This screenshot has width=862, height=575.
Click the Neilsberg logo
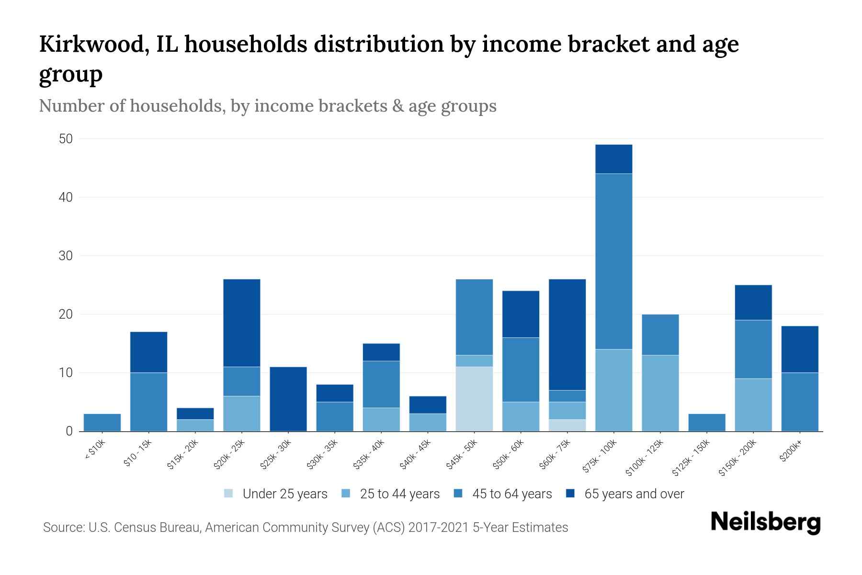click(765, 522)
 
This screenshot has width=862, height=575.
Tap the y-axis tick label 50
click(66, 139)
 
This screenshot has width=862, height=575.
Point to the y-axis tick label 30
click(66, 256)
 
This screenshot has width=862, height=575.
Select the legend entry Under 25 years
click(284, 494)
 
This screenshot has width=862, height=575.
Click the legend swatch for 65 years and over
click(570, 494)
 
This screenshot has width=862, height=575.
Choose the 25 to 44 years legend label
click(399, 494)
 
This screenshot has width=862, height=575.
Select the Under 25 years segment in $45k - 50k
click(474, 399)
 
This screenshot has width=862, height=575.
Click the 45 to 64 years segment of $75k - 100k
click(613, 261)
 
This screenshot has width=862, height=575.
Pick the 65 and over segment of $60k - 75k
click(567, 334)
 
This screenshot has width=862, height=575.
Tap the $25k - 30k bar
click(288, 399)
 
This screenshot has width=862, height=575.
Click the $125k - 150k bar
click(706, 423)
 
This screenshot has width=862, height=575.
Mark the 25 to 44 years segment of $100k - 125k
click(660, 393)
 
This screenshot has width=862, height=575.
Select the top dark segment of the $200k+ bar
click(799, 349)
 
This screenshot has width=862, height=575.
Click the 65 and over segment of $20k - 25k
click(242, 323)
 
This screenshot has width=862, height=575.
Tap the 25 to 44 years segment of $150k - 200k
click(753, 405)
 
